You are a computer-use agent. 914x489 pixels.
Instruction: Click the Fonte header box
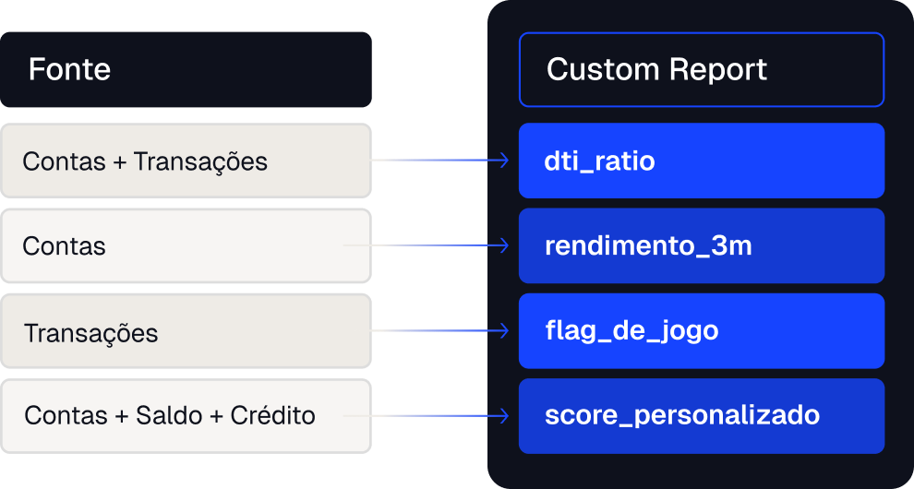[186, 69]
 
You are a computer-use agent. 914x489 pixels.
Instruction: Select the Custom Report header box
[702, 69]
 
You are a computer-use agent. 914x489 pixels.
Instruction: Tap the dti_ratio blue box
[702, 161]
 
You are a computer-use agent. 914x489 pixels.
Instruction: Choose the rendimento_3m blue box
[702, 246]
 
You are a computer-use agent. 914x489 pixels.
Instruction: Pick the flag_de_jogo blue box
[702, 331]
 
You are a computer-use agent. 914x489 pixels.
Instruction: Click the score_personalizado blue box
[702, 416]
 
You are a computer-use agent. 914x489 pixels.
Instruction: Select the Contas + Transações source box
[186, 161]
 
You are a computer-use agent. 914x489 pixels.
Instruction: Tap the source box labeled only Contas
[186, 246]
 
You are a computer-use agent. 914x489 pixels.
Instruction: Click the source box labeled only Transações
[186, 331]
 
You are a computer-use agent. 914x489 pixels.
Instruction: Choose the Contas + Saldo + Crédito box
[186, 416]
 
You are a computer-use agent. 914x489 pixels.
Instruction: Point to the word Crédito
[272, 415]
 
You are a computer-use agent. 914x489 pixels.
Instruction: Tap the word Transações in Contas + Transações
[200, 162]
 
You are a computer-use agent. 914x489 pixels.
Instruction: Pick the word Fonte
[69, 70]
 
